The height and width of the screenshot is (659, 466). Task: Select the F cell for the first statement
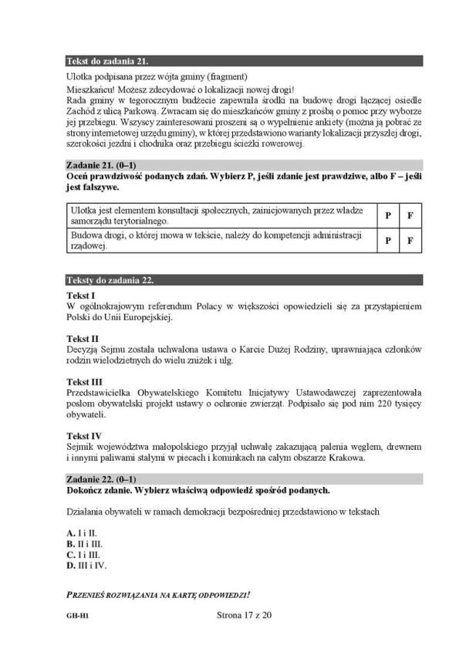tap(410, 215)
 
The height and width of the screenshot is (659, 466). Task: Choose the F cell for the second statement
tap(410, 240)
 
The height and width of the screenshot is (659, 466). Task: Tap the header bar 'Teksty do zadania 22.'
tap(106, 279)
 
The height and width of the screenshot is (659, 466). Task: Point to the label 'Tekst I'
tap(81, 296)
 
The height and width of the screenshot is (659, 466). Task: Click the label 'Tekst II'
tap(83, 338)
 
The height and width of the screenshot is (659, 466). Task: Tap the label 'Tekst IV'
tap(84, 435)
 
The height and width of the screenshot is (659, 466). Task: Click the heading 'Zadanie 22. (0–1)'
tap(102, 478)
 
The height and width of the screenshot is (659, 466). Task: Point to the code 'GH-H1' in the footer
tap(76, 616)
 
